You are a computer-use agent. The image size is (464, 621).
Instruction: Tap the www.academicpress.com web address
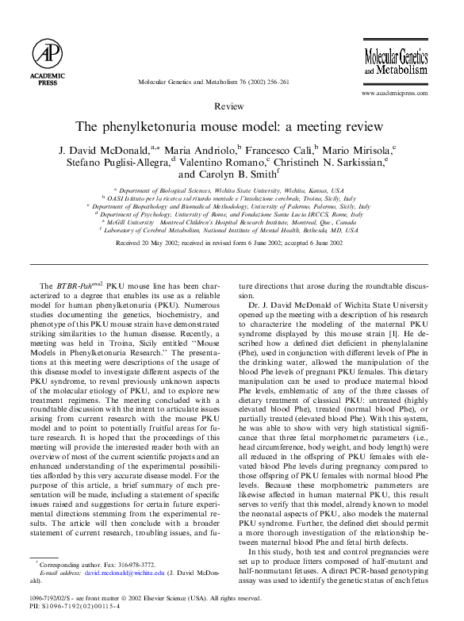[x=394, y=93]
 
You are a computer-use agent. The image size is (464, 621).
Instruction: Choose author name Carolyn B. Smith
[x=227, y=174]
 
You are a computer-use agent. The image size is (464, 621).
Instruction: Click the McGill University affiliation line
[x=228, y=222]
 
